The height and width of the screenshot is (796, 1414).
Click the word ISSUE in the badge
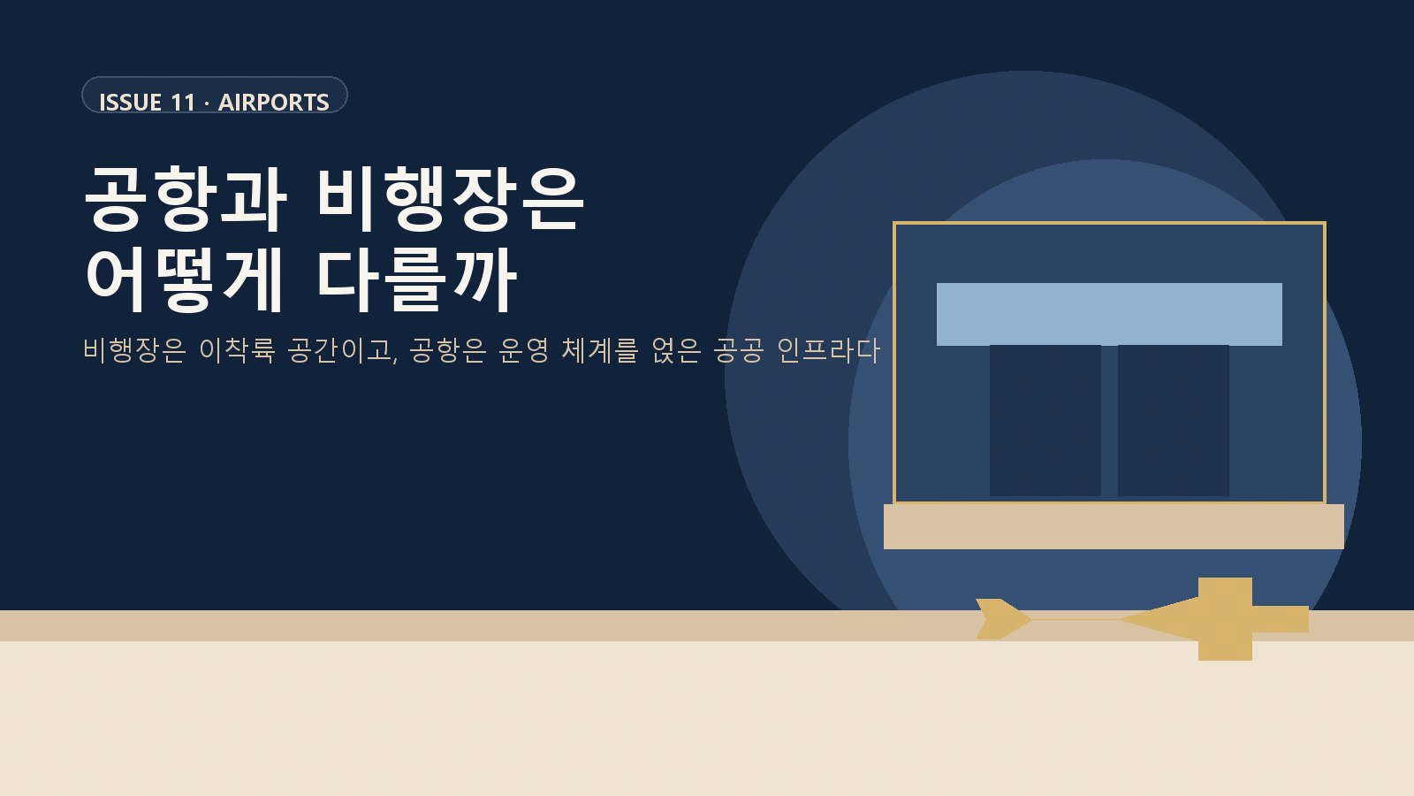click(130, 103)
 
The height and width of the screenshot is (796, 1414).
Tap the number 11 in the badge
click(183, 103)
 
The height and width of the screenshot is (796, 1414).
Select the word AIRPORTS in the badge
click(274, 103)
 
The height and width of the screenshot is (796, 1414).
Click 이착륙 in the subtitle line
click(237, 350)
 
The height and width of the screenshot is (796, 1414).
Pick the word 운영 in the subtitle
click(524, 350)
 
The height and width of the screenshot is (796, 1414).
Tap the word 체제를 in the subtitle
click(600, 350)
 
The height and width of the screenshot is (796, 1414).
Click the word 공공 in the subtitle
click(739, 350)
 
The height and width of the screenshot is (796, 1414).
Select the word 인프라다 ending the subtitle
click(828, 350)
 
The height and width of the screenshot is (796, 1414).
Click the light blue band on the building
click(1109, 314)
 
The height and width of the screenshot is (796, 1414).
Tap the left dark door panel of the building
click(1045, 420)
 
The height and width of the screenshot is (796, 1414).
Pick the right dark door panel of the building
click(1173, 420)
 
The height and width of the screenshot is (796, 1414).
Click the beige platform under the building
click(1114, 526)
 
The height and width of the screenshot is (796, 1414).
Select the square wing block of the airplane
click(1225, 619)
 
